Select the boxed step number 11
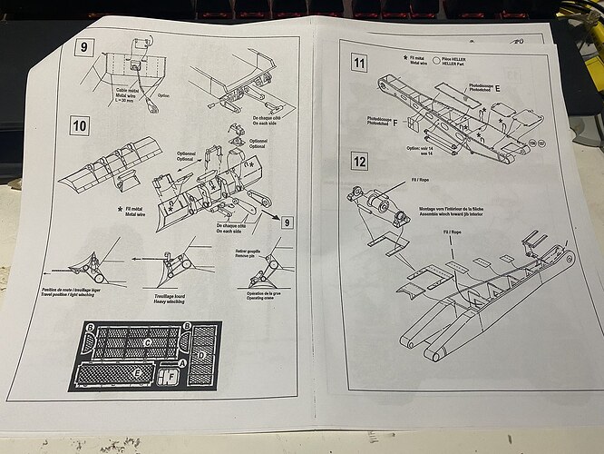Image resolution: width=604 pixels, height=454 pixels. point(359,64)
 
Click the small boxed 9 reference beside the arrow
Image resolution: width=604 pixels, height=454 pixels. point(287,222)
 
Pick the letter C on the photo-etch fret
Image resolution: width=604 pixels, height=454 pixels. point(148,342)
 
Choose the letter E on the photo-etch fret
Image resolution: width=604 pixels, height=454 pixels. point(136,372)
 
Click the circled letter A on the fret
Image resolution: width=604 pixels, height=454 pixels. point(184,361)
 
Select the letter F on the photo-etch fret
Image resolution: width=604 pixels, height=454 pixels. point(170,373)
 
